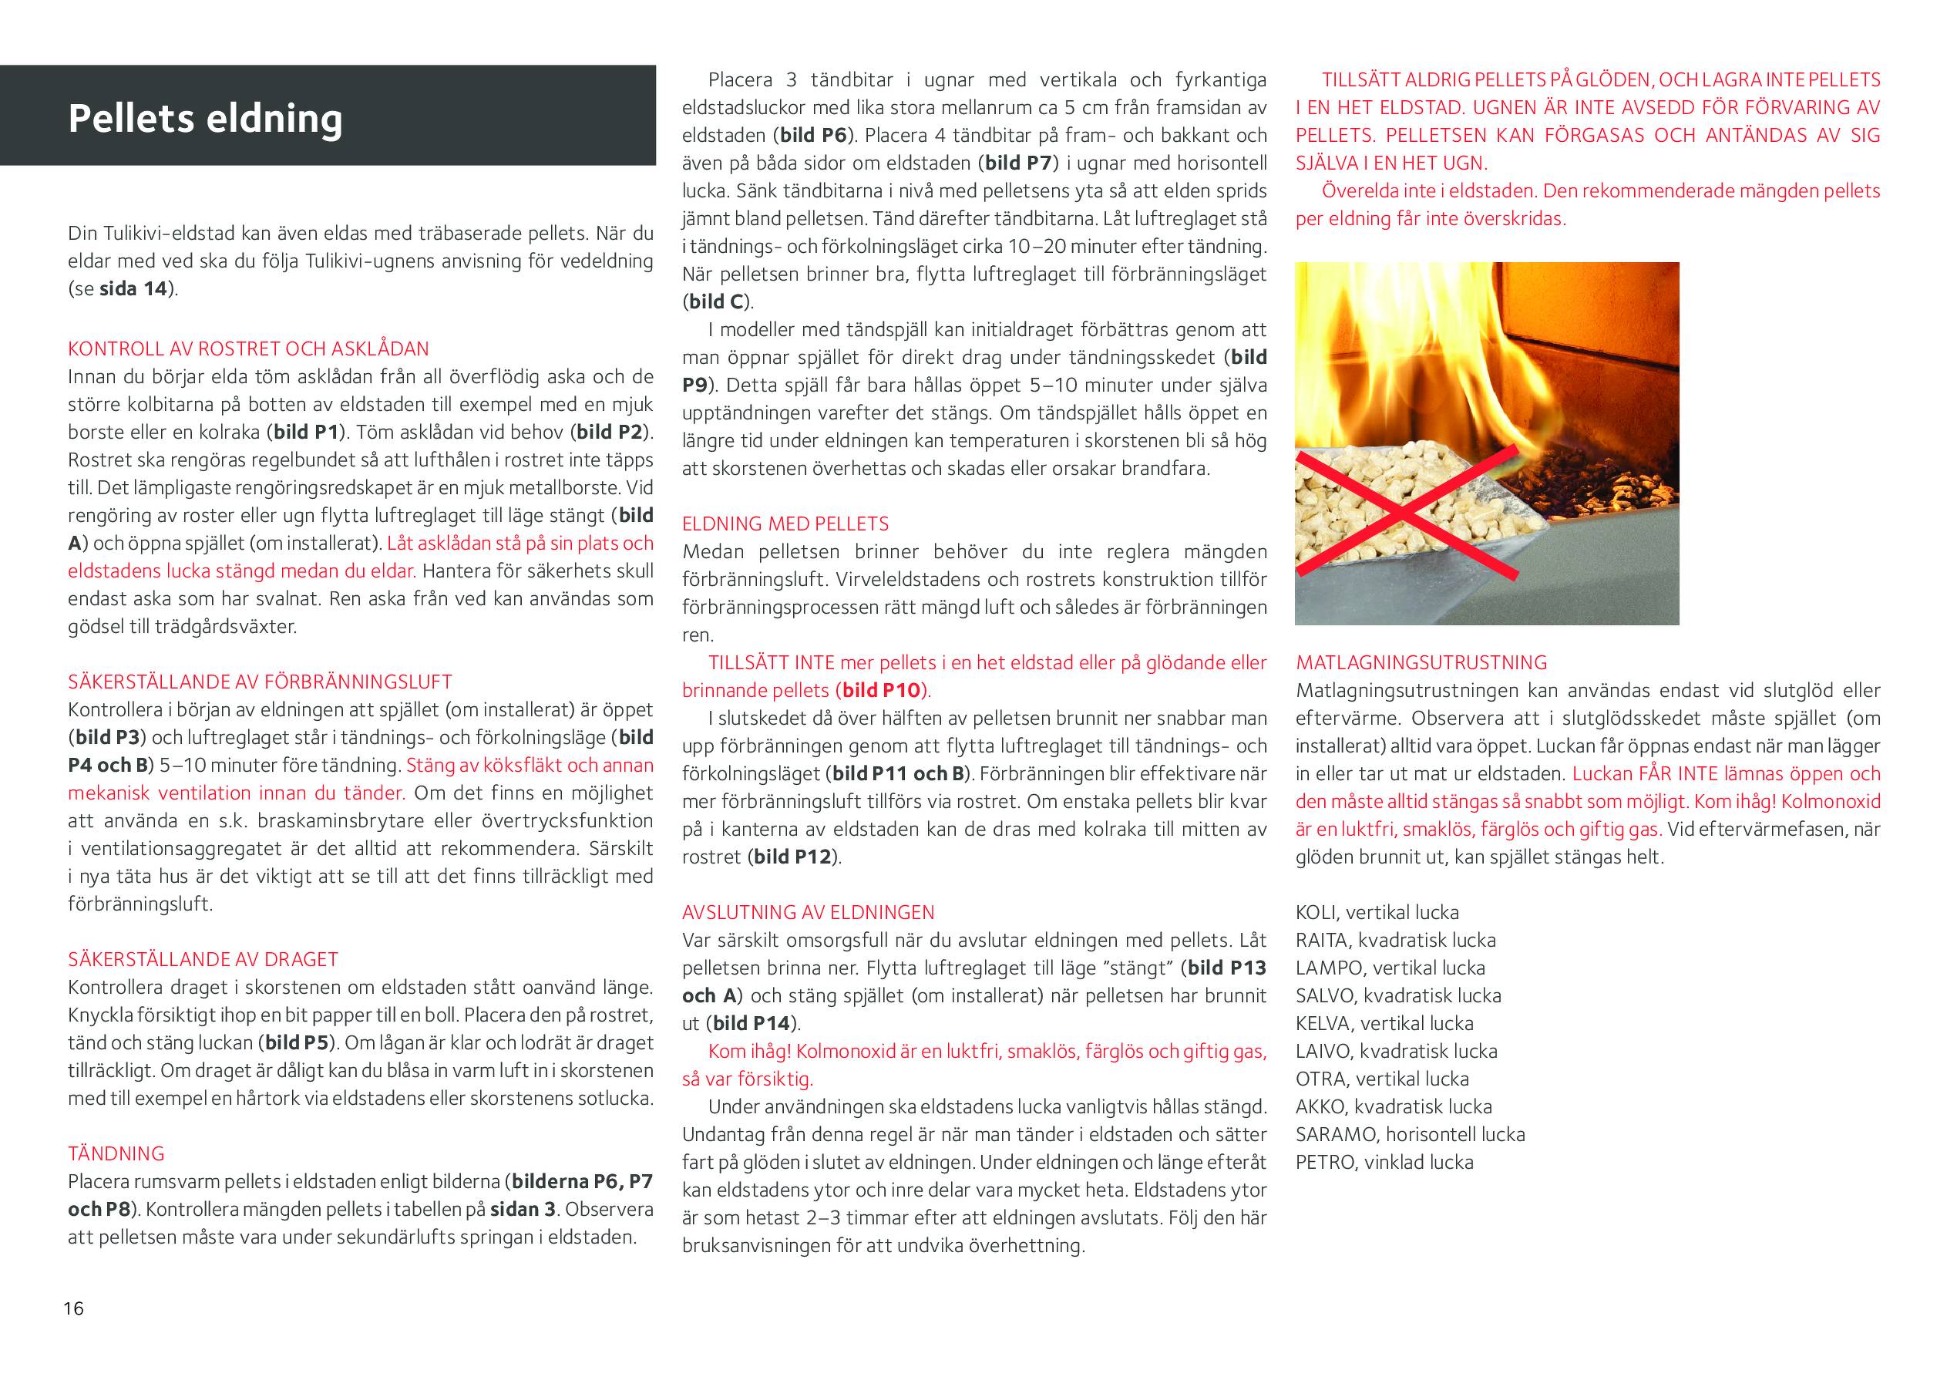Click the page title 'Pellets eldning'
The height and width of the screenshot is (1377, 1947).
click(x=205, y=118)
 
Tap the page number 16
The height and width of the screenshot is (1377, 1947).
click(x=74, y=1308)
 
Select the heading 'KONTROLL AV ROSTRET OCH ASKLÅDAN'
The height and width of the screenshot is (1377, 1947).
click(x=248, y=348)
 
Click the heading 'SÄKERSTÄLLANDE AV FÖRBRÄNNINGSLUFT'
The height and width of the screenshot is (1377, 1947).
click(x=260, y=682)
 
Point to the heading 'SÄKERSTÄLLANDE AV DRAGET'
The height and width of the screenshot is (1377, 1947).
click(x=203, y=960)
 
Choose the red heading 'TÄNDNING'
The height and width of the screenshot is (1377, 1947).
click(x=116, y=1154)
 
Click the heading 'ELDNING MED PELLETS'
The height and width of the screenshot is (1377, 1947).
click(x=785, y=524)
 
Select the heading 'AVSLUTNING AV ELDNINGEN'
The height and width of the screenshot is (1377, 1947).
click(x=808, y=913)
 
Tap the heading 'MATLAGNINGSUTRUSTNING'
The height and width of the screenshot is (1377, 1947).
click(x=1421, y=662)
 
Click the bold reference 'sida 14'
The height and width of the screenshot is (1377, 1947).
click(x=133, y=288)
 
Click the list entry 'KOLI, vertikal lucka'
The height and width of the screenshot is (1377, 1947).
click(x=1377, y=913)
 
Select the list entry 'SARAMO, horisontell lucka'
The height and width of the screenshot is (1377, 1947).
click(x=1409, y=1134)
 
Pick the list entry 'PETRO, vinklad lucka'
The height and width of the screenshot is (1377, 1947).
click(x=1384, y=1163)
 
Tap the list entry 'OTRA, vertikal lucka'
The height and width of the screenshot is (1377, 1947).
click(x=1381, y=1079)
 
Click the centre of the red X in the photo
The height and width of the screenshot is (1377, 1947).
click(x=1404, y=515)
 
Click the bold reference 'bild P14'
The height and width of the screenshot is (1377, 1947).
click(x=752, y=1023)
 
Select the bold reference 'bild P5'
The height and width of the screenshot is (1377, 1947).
click(x=295, y=1042)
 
